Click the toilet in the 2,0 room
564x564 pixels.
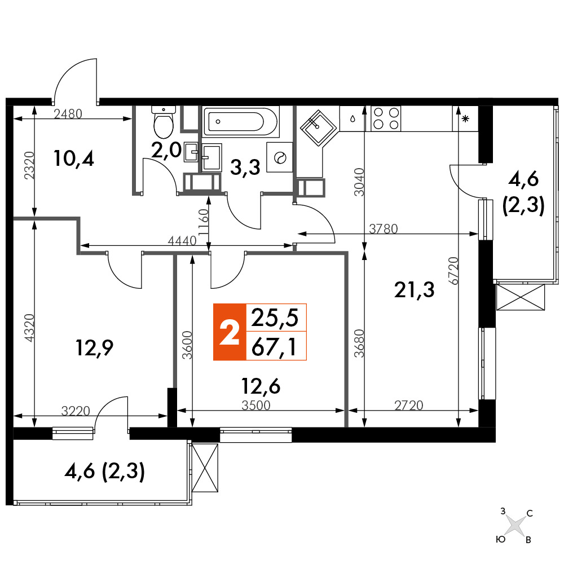tap(164, 122)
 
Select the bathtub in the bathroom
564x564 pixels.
tap(241, 122)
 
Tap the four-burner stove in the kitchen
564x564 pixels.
tap(386, 118)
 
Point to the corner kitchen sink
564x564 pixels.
tap(318, 129)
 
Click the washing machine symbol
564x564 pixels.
tap(280, 157)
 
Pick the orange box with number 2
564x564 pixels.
tap(230, 332)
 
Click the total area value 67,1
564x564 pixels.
tap(275, 347)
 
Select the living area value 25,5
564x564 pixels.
tap(275, 318)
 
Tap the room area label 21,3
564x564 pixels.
tap(415, 289)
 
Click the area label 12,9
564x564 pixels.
tap(95, 347)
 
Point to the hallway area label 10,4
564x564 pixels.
tap(74, 158)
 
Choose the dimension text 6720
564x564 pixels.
tap(454, 271)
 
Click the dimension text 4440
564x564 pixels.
tap(182, 241)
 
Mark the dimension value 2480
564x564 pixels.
tap(68, 114)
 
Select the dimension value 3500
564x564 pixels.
tap(255, 406)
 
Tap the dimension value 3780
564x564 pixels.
tap(384, 228)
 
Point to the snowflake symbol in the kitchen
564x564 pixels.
tap(465, 118)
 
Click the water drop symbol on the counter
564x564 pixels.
tap(353, 118)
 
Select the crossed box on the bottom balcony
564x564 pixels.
tap(205, 468)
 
